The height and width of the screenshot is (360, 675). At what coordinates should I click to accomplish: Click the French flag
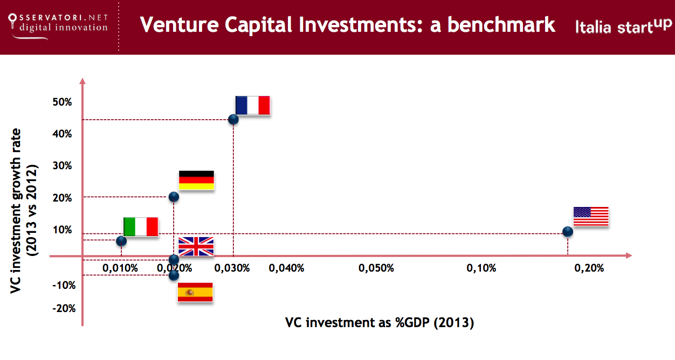[252, 105]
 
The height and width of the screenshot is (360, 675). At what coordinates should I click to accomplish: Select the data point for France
[233, 119]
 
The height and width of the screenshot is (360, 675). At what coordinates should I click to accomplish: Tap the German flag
[196, 180]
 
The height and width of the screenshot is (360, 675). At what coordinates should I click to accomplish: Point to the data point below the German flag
[174, 197]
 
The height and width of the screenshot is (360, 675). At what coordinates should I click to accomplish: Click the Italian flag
[140, 226]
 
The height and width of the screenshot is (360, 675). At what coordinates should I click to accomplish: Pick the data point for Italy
[121, 240]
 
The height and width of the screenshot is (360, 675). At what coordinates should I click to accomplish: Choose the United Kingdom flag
[196, 246]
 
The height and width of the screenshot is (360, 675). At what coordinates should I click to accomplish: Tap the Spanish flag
[195, 292]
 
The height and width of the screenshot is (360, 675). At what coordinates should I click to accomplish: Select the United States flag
[590, 216]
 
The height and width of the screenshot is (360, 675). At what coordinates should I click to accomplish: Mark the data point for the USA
[567, 232]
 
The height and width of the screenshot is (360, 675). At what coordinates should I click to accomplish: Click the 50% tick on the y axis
[62, 101]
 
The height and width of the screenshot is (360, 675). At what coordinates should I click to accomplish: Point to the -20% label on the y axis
[64, 308]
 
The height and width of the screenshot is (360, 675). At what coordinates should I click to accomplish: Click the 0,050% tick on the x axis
[377, 268]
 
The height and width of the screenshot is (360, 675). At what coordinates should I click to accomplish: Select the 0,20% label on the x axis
[589, 268]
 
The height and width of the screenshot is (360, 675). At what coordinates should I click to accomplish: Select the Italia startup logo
[623, 25]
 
